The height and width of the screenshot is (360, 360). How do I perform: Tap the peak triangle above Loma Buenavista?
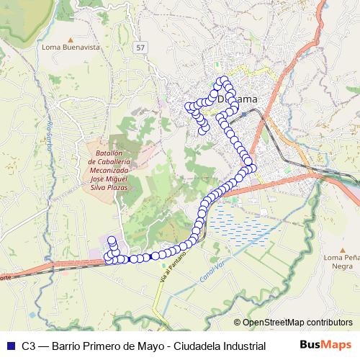70,39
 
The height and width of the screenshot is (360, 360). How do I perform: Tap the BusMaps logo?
325,345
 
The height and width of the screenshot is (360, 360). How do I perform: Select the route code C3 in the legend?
28,346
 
